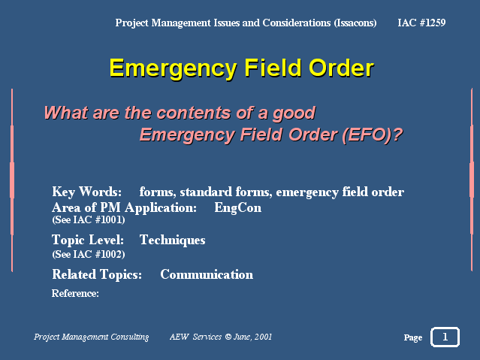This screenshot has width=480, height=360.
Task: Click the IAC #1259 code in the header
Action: (421, 23)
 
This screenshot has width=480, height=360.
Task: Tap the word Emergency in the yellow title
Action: (174, 69)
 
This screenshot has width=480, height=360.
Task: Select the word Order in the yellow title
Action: (341, 68)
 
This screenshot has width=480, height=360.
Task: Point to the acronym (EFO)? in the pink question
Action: (373, 135)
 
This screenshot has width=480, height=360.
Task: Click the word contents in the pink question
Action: (194, 113)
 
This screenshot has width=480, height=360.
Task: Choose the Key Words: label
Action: (87, 192)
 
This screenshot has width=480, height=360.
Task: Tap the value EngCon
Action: (238, 207)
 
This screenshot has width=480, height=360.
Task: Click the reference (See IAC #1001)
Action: (89, 219)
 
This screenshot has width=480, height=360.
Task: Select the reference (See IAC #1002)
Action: (89, 254)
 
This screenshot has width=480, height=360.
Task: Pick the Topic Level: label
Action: (88, 240)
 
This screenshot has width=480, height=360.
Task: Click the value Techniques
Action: (172, 241)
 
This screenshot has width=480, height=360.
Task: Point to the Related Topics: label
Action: (97, 274)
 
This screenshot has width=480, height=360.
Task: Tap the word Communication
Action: (207, 274)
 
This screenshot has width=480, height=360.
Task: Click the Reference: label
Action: (75, 294)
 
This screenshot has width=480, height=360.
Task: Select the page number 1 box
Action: (445, 337)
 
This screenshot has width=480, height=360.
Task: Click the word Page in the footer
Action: (413, 337)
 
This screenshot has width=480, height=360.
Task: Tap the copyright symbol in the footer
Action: (228, 337)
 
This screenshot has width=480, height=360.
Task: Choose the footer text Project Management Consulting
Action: (91, 337)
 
